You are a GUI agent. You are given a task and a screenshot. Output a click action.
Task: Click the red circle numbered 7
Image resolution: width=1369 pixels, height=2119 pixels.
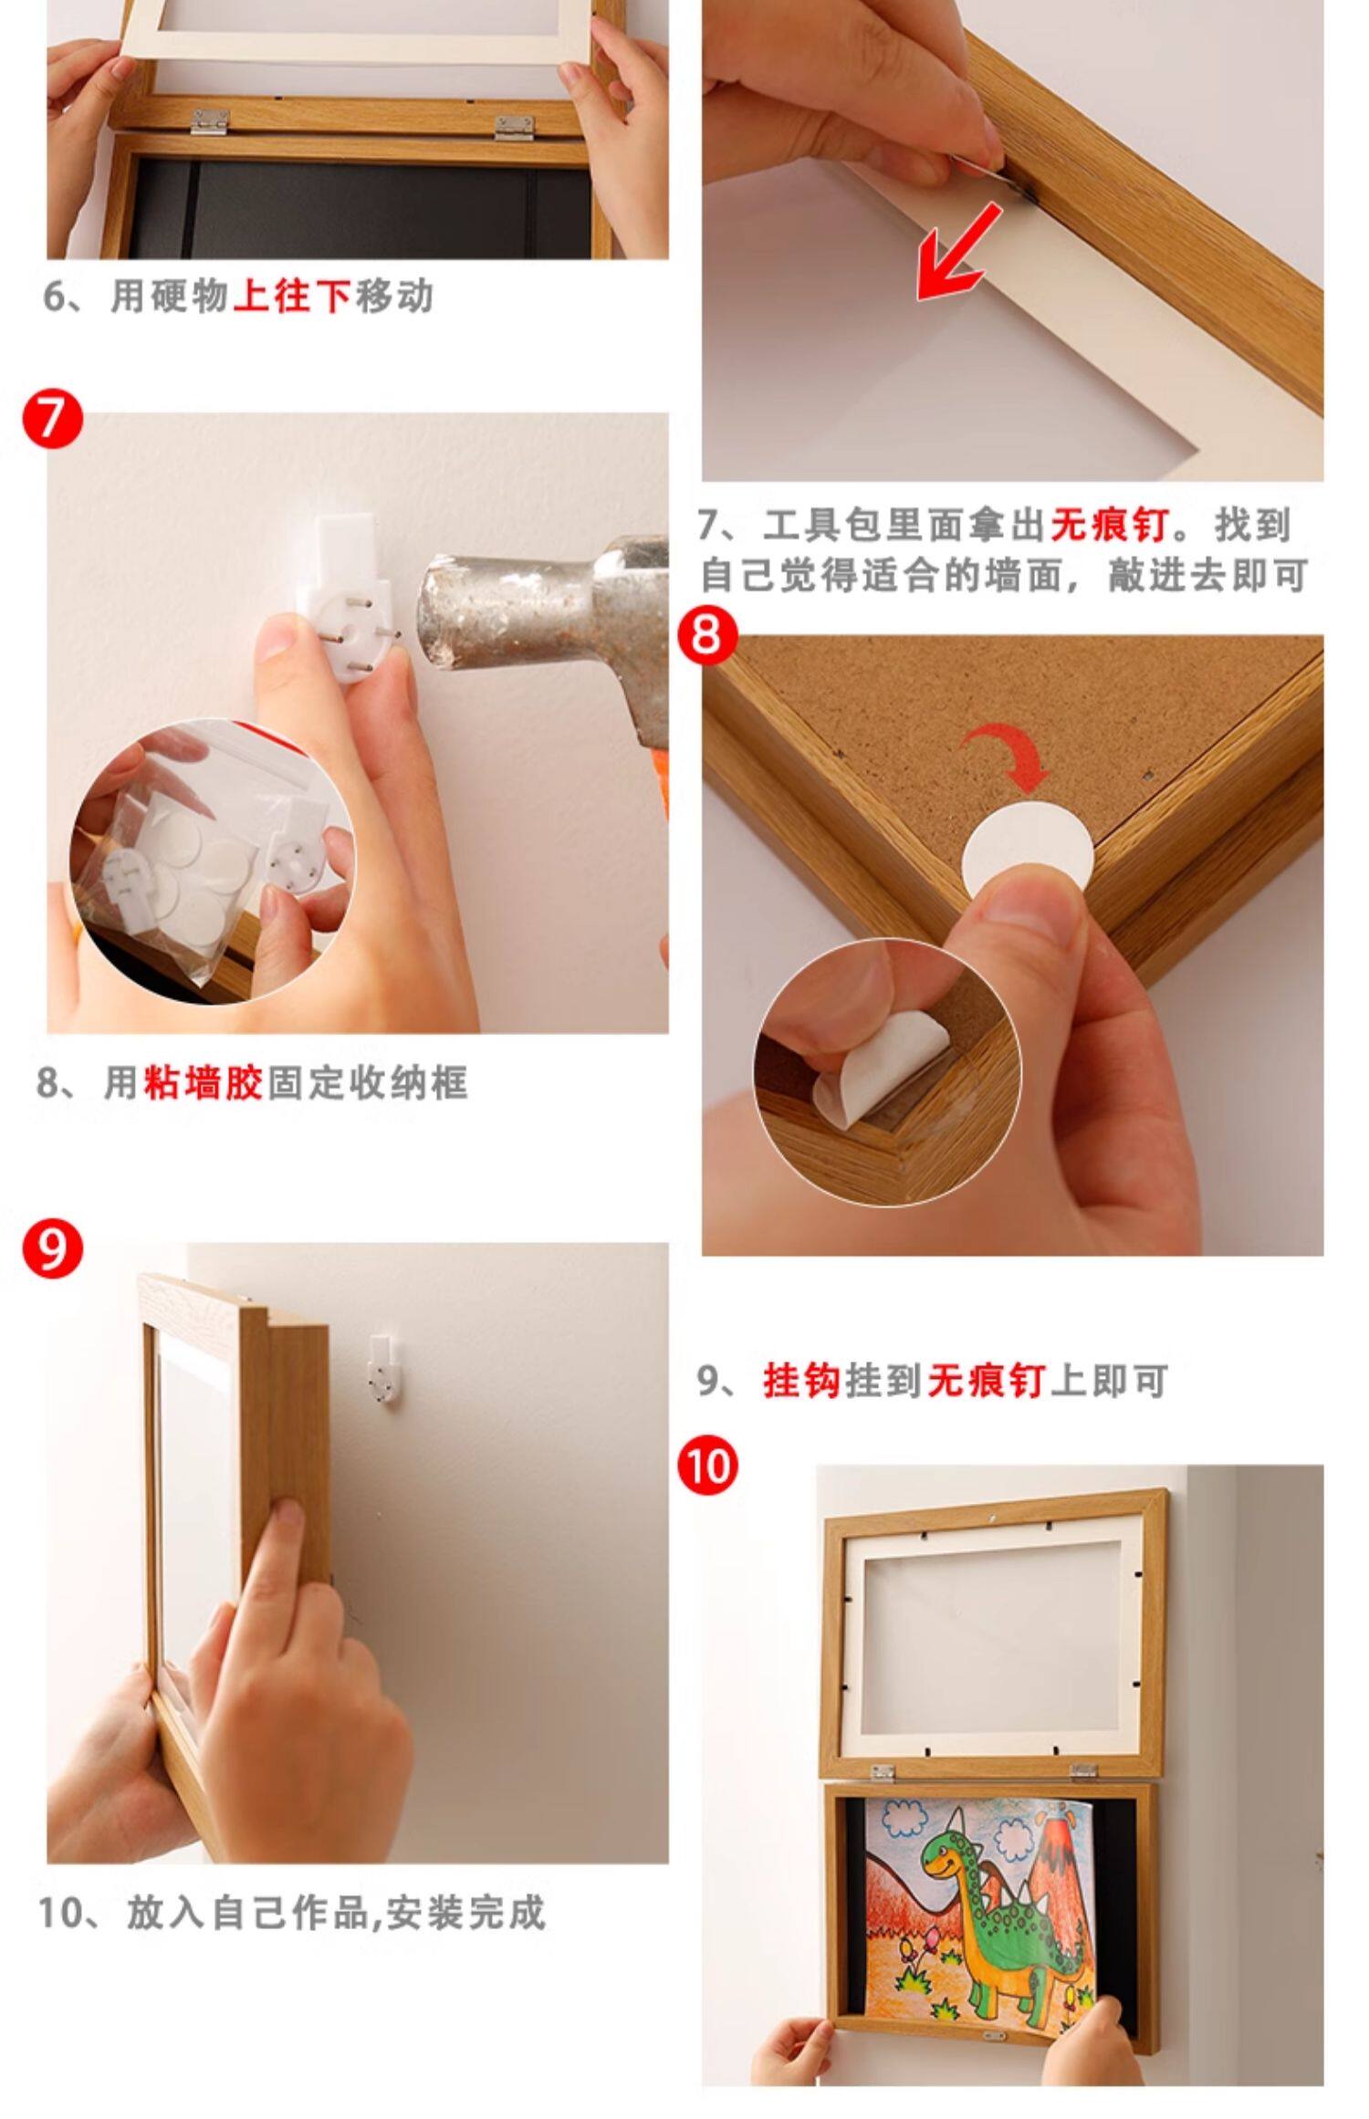[53, 421]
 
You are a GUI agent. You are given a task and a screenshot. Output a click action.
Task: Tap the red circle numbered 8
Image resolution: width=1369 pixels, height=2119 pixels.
[707, 634]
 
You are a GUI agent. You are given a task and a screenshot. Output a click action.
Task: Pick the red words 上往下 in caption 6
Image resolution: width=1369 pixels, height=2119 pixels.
[292, 297]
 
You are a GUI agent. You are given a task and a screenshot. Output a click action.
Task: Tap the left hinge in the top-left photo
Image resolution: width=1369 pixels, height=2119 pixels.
[211, 121]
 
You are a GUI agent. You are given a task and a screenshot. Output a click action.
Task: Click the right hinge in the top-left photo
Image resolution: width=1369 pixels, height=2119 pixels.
[514, 127]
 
